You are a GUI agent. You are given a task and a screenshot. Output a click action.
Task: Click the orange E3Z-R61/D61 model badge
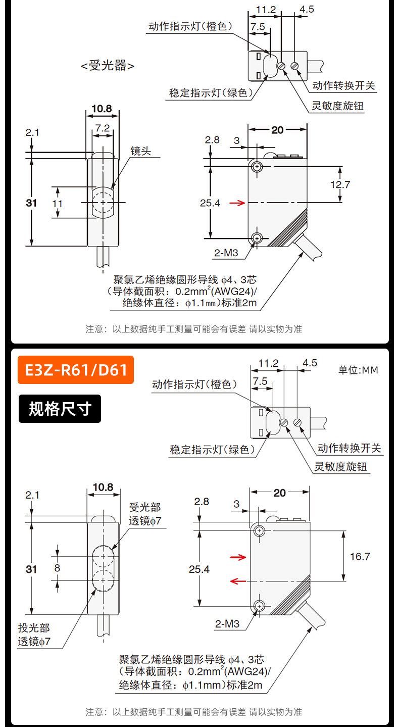pos(76,370)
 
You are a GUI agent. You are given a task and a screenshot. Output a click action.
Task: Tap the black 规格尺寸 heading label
pos(60,409)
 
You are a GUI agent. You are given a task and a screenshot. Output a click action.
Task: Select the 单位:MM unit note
pos(358,370)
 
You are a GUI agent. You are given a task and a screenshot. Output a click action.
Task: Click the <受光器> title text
pos(108,66)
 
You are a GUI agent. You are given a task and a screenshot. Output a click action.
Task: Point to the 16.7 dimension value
pos(360,557)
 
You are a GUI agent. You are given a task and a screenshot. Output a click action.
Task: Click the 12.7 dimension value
pos(340,185)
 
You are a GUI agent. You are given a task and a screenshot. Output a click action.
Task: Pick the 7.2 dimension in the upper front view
pos(103,128)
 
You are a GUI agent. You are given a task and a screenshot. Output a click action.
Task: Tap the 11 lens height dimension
pos(58,204)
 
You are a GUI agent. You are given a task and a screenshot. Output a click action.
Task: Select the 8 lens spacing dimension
pos(58,568)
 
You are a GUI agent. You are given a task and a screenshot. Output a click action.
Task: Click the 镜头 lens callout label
pos(140,151)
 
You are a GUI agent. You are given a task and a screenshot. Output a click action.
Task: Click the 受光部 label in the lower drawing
pos(144,507)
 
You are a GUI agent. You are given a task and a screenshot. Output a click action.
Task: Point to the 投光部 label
pos(34,627)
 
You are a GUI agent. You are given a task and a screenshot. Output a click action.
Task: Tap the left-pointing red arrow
pos(238,581)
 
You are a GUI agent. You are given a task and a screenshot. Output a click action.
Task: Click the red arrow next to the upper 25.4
pos(237,203)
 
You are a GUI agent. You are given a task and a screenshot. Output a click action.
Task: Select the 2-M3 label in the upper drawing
pos(226,253)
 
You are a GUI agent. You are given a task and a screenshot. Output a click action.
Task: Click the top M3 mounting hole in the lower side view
pos(259,531)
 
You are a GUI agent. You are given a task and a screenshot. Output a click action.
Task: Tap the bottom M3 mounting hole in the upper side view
pos(257,238)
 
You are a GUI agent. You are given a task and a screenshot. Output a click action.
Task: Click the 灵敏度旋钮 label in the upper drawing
pos(337,106)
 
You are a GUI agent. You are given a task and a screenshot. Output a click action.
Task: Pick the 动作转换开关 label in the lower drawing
pos(349,448)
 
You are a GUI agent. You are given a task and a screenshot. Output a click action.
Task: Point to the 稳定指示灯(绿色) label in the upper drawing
pos(211,93)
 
